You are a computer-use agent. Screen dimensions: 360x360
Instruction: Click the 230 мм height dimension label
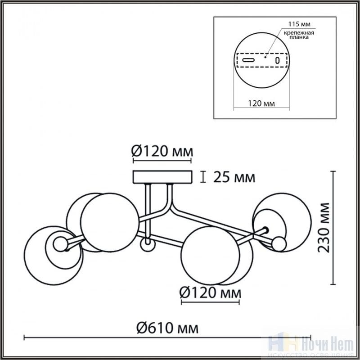(x=323, y=228)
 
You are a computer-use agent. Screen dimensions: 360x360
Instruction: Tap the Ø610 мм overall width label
(x=167, y=328)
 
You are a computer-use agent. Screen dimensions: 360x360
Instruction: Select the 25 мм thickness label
(x=234, y=177)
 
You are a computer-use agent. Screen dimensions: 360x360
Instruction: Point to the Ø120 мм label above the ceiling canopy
(x=162, y=152)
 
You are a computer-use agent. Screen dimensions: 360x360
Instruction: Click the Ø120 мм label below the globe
(x=210, y=293)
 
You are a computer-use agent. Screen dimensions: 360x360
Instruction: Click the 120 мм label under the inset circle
(x=261, y=103)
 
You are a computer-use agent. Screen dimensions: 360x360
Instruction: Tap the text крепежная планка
(x=299, y=35)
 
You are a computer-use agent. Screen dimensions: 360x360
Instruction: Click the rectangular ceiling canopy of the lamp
(x=162, y=177)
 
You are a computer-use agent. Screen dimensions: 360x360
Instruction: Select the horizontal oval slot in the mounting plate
(x=249, y=60)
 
